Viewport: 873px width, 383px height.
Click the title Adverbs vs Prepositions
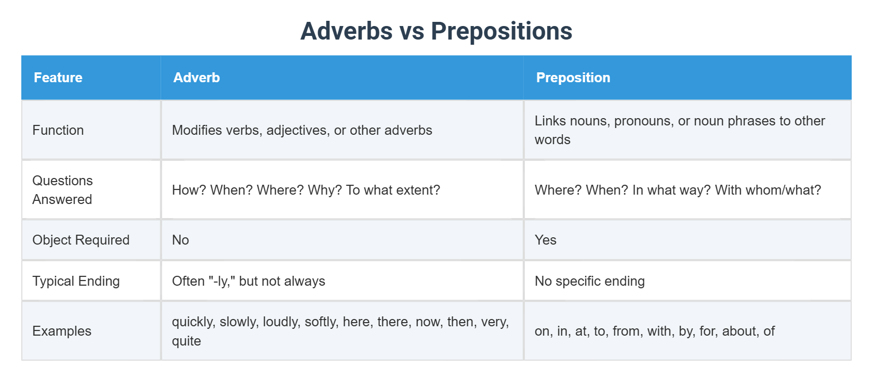point(436,31)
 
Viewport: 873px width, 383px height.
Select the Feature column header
point(58,78)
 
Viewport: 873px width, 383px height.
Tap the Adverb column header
point(196,78)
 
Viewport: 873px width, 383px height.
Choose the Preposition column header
point(573,78)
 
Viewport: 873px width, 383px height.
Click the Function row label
point(58,130)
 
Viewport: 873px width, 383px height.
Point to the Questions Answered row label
point(62,190)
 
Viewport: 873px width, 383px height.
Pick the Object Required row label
point(81,240)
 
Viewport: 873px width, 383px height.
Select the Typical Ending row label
point(76,281)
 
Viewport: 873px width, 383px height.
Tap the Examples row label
point(62,331)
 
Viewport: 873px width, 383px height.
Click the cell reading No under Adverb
point(180,240)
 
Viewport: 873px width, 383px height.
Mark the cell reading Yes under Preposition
point(546,240)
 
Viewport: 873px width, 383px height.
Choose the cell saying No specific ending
point(590,281)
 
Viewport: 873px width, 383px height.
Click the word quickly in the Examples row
point(193,322)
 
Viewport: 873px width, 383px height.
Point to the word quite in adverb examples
point(187,341)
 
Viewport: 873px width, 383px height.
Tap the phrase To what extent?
point(393,190)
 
